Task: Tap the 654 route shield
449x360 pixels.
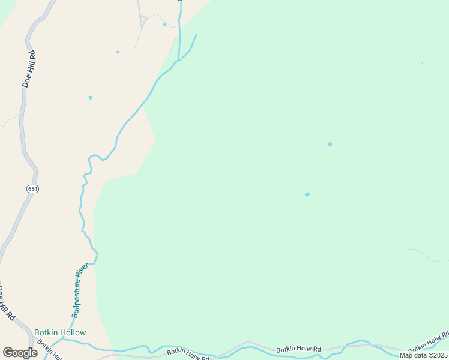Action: click(32, 188)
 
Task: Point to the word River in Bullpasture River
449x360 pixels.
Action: click(83, 274)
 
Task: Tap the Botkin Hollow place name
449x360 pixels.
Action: click(60, 332)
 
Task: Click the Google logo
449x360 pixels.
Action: click(20, 353)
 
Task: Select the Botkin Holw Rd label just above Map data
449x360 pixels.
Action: click(429, 343)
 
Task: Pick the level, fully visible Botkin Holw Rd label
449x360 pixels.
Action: click(298, 349)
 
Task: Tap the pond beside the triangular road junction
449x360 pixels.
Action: click(164, 25)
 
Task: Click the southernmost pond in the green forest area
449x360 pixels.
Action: click(307, 194)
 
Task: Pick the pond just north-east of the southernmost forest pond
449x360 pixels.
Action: click(330, 144)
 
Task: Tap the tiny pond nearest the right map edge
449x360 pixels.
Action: click(423, 63)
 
